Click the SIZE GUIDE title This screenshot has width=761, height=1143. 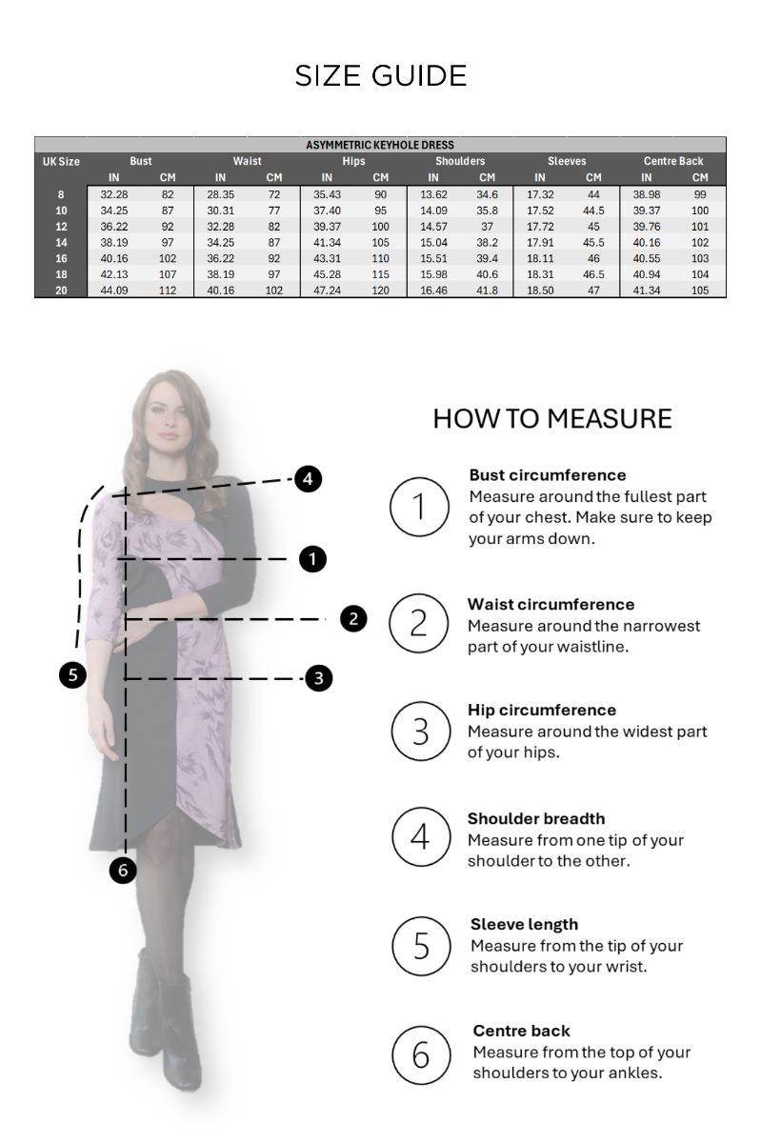[381, 76]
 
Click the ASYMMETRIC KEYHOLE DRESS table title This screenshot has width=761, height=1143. [380, 145]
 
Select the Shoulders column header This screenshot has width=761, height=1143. [460, 161]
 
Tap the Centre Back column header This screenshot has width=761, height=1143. [673, 161]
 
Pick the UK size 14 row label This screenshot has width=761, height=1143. [61, 242]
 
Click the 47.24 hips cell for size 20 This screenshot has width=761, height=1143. [327, 291]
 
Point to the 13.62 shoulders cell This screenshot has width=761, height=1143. [433, 194]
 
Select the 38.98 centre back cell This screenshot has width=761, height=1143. [646, 194]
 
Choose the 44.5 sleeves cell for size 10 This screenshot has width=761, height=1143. [593, 211]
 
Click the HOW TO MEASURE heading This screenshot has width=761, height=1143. [552, 418]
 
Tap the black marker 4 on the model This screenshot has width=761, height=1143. [308, 478]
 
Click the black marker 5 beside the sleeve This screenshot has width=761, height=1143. [72, 674]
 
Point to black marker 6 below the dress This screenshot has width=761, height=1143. [123, 870]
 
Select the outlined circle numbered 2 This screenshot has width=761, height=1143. [419, 623]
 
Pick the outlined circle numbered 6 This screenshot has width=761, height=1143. [422, 1054]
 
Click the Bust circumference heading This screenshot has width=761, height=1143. [547, 475]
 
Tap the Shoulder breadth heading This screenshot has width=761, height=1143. [536, 818]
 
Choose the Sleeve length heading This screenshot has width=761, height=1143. [524, 924]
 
